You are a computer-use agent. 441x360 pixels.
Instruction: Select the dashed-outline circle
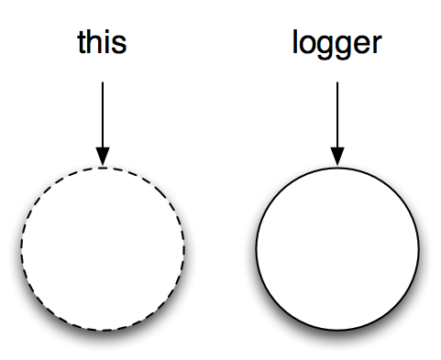pyautogui.click(x=103, y=249)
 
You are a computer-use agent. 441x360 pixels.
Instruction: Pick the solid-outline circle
pyautogui.click(x=337, y=249)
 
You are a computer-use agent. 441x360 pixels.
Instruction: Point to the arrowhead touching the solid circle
pyautogui.click(x=337, y=158)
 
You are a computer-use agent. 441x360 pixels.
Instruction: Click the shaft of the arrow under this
pyautogui.click(x=103, y=115)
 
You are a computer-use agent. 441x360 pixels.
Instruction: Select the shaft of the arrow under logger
pyautogui.click(x=337, y=115)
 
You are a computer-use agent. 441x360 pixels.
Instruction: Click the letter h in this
pyautogui.click(x=95, y=42)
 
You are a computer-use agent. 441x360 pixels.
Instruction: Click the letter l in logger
pyautogui.click(x=295, y=42)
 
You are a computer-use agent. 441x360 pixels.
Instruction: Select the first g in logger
pyautogui.click(x=324, y=47)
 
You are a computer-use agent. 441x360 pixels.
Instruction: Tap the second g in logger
pyautogui.click(x=342, y=47)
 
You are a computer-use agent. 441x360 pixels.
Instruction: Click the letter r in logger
pyautogui.click(x=374, y=44)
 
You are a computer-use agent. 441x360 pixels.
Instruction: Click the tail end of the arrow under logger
pyautogui.click(x=337, y=84)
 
